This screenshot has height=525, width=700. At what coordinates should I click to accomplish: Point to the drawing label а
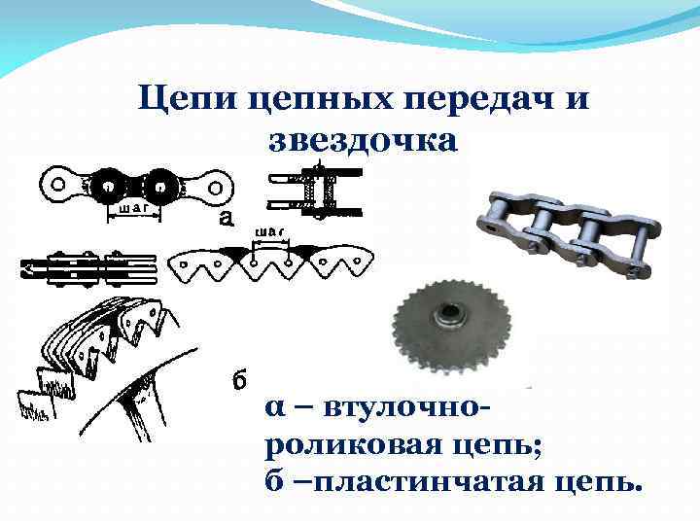[226, 219]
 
